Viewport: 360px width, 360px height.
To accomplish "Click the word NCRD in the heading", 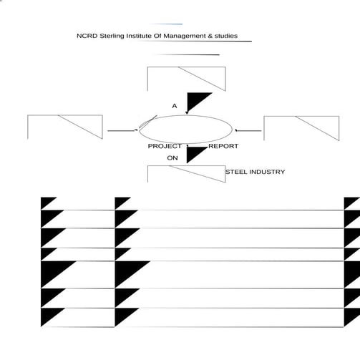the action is pos(87,36).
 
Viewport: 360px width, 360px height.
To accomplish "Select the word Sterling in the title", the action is pos(112,37).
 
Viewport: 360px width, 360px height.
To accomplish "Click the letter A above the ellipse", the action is pos(175,106).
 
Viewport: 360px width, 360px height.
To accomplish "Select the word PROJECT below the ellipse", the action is pos(165,146).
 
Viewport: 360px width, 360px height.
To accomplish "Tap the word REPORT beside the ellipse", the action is pos(223,146).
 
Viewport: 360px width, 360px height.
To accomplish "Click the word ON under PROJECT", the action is pos(172,158).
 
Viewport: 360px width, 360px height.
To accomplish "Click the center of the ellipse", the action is pos(185,130).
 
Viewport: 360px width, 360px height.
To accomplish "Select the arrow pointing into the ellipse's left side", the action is pos(122,130).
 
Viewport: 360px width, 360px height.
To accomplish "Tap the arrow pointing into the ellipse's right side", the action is pos(248,130).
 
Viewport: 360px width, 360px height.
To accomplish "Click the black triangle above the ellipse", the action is pos(195,100).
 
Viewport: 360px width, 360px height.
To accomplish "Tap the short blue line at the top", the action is pos(166,24).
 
